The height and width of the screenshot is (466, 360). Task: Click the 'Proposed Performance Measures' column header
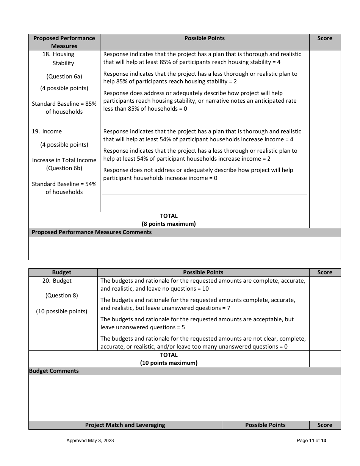[64, 42]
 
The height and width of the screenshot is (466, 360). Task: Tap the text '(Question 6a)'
[64, 77]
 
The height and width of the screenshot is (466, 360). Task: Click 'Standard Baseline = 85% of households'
[64, 108]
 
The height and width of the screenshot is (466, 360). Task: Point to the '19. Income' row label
[47, 131]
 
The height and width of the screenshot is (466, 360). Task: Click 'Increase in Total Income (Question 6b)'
[64, 164]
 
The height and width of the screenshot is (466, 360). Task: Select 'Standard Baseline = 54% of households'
[64, 188]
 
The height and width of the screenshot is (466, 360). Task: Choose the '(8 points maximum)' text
[169, 224]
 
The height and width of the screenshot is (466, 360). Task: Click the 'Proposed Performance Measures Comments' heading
[91, 232]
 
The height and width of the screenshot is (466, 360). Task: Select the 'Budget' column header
[61, 272]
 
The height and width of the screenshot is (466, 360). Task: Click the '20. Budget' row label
[57, 281]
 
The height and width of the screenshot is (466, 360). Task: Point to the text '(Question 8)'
[61, 296]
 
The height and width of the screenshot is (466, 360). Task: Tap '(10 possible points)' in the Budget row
[61, 311]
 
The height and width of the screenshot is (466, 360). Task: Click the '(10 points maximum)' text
[169, 363]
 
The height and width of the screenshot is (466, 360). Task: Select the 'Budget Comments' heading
[54, 371]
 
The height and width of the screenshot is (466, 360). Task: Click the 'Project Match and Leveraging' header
[125, 425]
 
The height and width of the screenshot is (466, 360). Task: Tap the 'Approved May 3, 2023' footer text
[90, 441]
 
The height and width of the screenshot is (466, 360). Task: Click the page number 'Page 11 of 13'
[311, 441]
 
